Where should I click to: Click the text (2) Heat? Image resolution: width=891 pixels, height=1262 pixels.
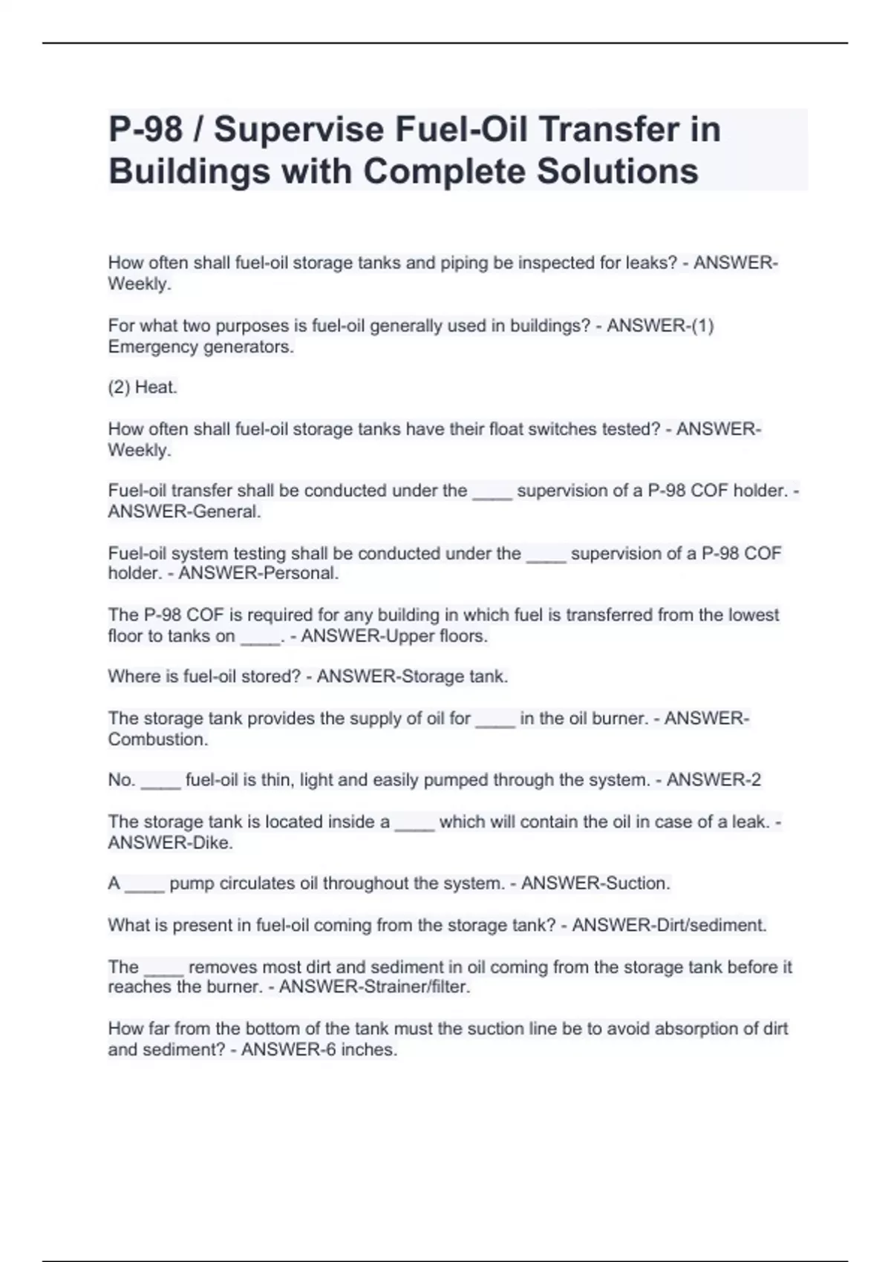pos(143,388)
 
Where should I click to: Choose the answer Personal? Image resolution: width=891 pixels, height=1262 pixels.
pos(298,573)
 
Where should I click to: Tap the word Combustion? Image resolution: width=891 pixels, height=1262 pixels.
pos(157,739)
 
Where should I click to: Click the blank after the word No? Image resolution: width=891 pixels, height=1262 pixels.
pos(160,781)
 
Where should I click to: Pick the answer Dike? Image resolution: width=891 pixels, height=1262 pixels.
pos(213,843)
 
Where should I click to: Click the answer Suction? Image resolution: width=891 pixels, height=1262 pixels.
pos(638,883)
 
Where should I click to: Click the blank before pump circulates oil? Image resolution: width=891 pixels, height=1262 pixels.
pos(145,884)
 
